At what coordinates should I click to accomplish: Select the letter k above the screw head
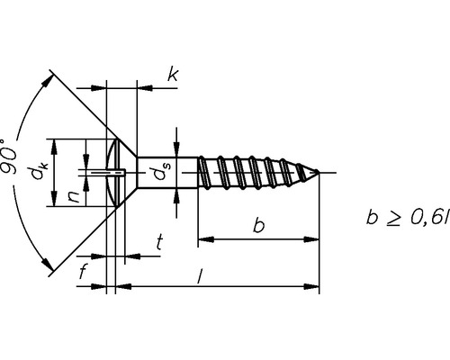pyautogui.click(x=172, y=75)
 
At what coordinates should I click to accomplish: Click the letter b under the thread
pyautogui.click(x=257, y=226)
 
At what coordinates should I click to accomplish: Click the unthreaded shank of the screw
pyautogui.click(x=167, y=171)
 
